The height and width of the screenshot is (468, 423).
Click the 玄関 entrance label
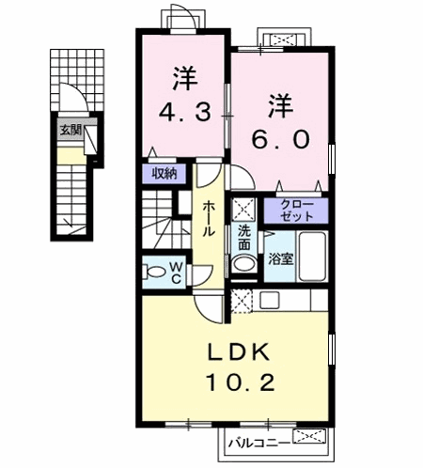pos(70,131)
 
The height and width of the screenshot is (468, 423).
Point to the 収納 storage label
pos(167,174)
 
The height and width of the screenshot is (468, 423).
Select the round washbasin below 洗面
pos(243,264)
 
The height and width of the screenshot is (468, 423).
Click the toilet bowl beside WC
pos(152,273)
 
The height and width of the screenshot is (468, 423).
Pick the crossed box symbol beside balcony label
pos(308,437)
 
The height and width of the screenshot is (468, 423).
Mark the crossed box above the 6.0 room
pos(282,39)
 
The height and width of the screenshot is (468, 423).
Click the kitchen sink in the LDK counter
pos(268,301)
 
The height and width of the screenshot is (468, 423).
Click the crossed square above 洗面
pos(243,209)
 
